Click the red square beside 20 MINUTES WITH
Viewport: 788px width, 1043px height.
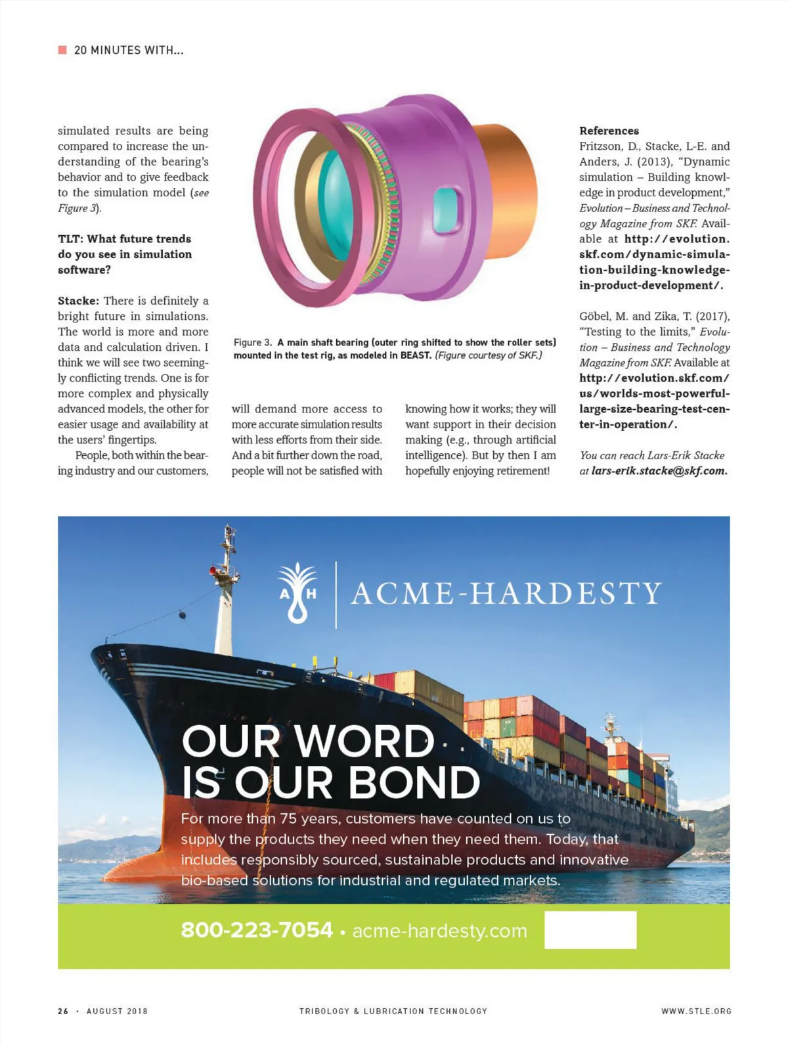[x=62, y=50]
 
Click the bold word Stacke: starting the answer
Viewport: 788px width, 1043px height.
[x=78, y=301]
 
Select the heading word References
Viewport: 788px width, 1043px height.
[x=609, y=131]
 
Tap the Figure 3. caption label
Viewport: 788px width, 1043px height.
[x=252, y=343]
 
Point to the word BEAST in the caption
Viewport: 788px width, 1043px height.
[x=415, y=355]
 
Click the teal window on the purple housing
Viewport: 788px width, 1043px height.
[x=445, y=204]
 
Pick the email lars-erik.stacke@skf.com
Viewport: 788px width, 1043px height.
[x=659, y=471]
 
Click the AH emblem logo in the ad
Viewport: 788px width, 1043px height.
[x=297, y=592]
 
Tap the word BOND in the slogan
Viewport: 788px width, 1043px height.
[x=414, y=782]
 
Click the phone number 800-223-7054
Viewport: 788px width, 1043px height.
[x=257, y=930]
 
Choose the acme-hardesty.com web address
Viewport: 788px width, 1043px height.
[x=439, y=931]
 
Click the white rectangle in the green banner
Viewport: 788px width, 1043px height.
[x=590, y=929]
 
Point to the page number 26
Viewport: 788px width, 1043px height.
[x=63, y=1011]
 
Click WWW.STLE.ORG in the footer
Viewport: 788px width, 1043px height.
[x=695, y=1011]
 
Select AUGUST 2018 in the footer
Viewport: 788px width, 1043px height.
[x=117, y=1011]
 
